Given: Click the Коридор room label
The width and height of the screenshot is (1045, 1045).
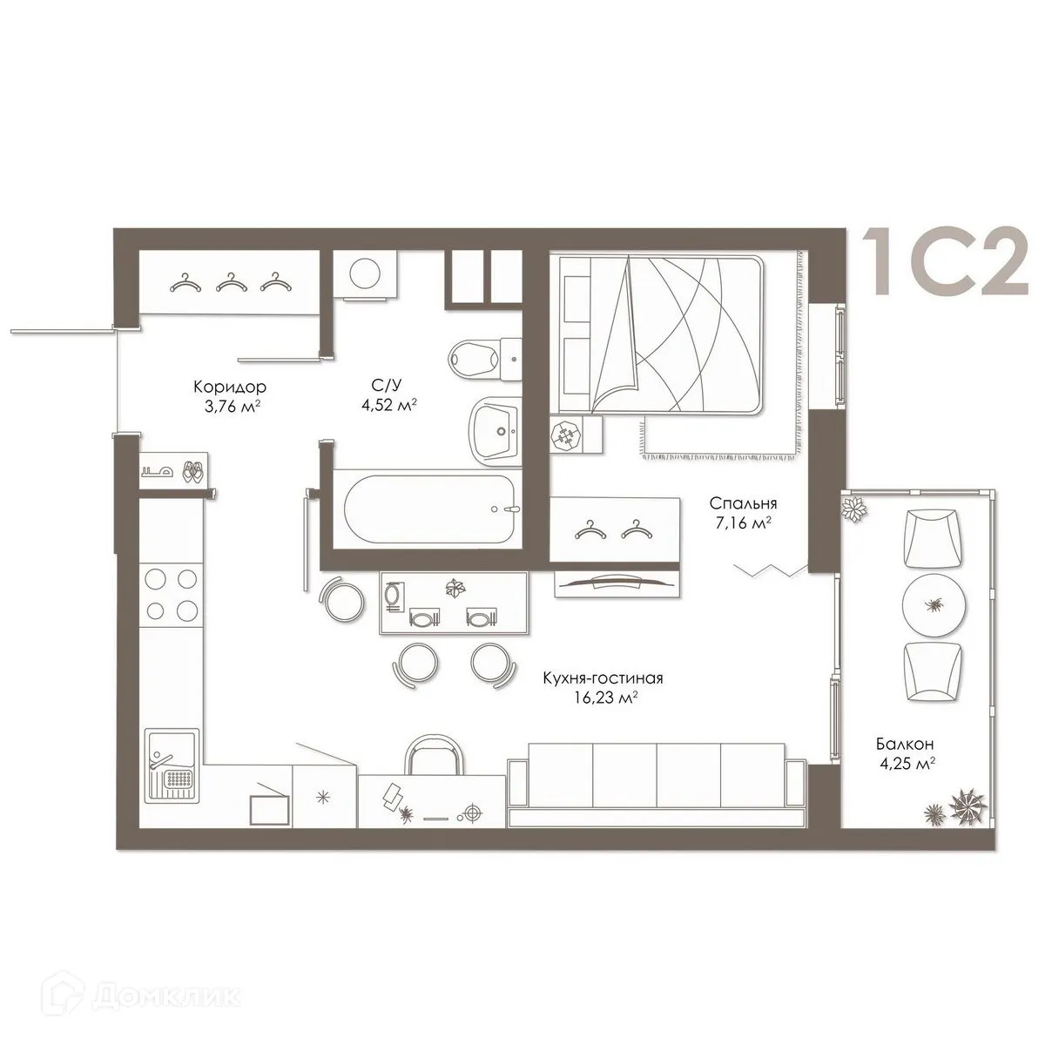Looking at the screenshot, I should point(229,387).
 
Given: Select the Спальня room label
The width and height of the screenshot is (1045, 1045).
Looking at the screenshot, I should point(742,503).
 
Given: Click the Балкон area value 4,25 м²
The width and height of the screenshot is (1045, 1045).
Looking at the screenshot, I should point(907,763).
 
